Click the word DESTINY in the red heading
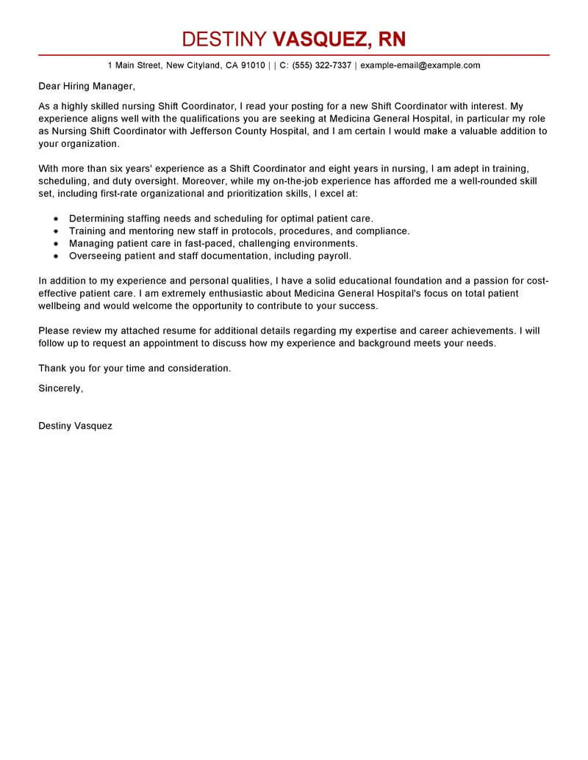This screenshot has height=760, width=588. tap(225, 39)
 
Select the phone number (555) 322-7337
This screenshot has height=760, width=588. tap(322, 65)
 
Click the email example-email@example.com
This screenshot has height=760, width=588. tap(420, 65)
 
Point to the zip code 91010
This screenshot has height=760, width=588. tap(253, 65)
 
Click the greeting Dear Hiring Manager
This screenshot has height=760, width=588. tap(87, 87)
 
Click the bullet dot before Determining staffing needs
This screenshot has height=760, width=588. tap(57, 219)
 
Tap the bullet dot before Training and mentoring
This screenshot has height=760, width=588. tap(57, 231)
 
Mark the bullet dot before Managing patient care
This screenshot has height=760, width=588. tap(57, 244)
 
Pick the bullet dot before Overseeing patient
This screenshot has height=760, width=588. tap(57, 256)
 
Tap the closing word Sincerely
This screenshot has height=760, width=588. tap(60, 388)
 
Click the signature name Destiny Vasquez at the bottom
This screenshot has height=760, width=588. tap(75, 426)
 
